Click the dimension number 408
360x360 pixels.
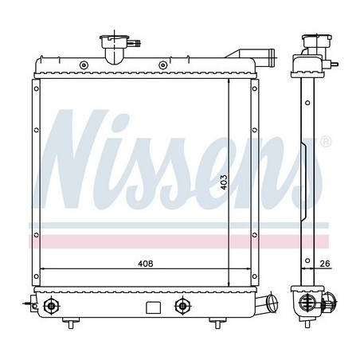pyautogui.click(x=143, y=264)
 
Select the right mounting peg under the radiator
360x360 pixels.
pyautogui.click(x=214, y=322)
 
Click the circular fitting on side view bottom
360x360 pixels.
pyautogui.click(x=308, y=303)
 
